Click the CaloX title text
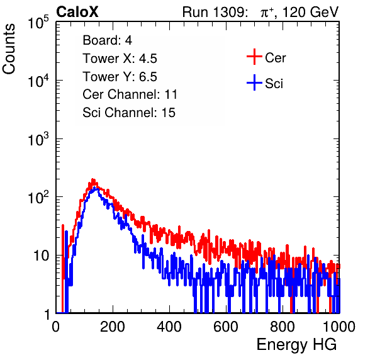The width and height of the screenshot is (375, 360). point(77,12)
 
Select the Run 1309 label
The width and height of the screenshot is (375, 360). point(215,12)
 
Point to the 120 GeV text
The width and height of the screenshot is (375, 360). point(310,12)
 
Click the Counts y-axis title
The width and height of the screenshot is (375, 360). point(9,49)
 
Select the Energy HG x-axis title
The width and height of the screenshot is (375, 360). point(296,345)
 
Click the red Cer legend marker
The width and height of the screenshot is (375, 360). point(254,57)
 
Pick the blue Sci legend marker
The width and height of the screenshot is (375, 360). point(254,83)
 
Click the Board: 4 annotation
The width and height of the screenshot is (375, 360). point(107,40)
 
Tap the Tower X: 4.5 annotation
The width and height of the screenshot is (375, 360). point(120,59)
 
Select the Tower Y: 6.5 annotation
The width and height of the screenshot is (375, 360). point(120,77)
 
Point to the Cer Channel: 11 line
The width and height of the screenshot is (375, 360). point(130,94)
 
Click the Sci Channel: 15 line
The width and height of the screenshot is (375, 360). point(129,113)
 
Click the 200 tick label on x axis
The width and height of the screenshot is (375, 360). point(113,327)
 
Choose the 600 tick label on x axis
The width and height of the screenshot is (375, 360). point(226,327)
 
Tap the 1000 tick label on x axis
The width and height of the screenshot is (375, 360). point(339,327)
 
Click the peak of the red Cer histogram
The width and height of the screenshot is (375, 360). point(93,179)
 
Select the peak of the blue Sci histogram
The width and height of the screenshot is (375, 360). point(96,188)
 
